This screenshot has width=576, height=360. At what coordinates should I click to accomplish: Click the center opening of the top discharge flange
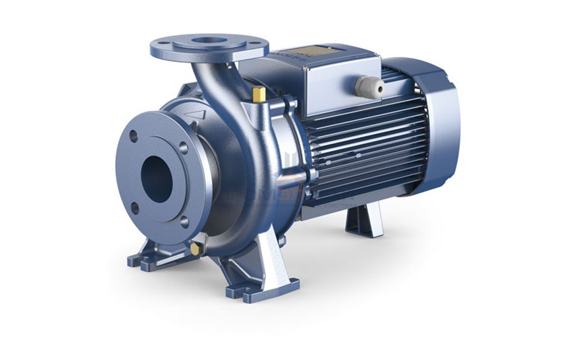pyautogui.click(x=208, y=42)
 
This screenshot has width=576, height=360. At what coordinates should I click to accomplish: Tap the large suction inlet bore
pyautogui.click(x=156, y=175)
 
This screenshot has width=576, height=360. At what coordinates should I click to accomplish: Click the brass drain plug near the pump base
pyautogui.click(x=195, y=248)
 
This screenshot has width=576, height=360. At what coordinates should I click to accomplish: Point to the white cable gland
pyautogui.click(x=369, y=87)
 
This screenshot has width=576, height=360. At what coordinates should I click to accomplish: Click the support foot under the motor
pyautogui.click(x=364, y=219)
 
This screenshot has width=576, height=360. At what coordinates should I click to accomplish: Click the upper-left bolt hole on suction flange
pyautogui.click(x=133, y=135)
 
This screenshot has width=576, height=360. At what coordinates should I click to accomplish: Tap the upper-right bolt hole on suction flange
pyautogui.click(x=183, y=148)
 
